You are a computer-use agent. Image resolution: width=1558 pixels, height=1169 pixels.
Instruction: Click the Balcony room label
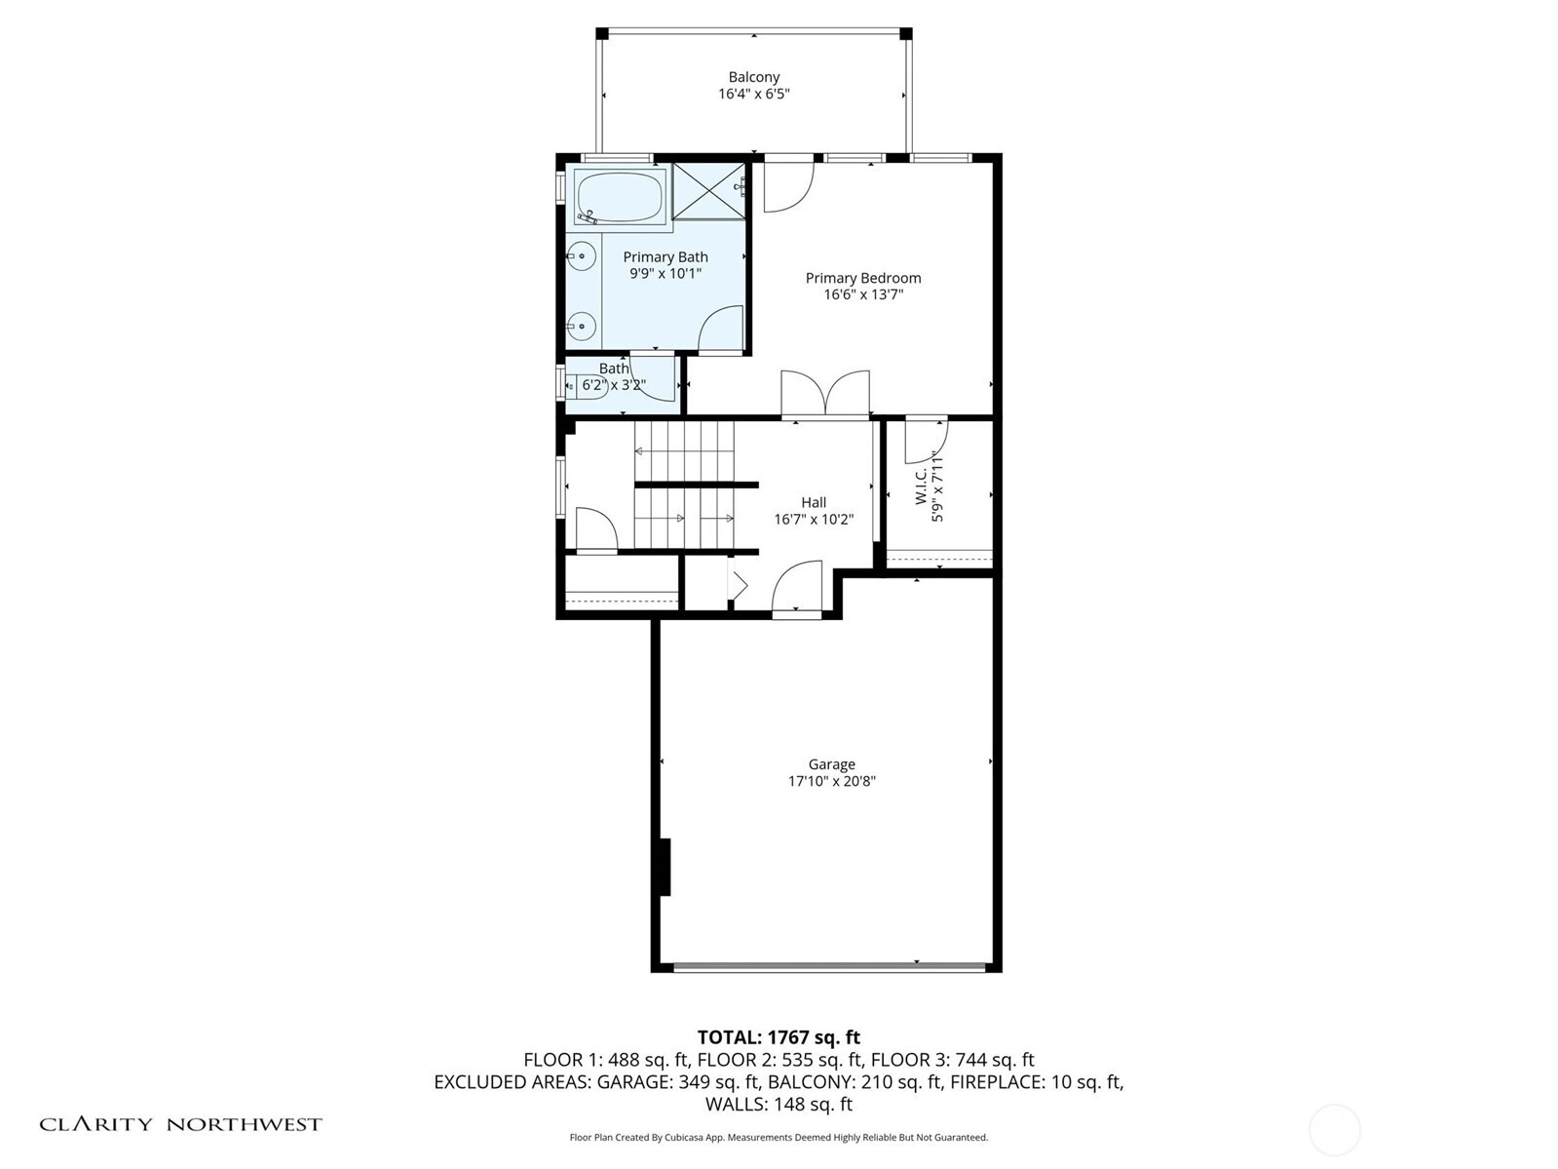(x=754, y=77)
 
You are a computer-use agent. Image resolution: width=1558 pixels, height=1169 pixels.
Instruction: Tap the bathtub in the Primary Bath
(x=620, y=197)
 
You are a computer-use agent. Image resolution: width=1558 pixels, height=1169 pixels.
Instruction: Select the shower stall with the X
(x=708, y=191)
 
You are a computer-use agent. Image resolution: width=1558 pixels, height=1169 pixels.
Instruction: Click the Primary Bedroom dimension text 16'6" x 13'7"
(x=863, y=294)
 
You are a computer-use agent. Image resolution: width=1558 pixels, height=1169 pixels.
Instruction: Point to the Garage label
(x=832, y=764)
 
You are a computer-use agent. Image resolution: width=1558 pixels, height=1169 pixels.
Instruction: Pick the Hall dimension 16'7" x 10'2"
(x=814, y=519)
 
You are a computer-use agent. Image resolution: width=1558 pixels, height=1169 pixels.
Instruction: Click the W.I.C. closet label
(x=922, y=487)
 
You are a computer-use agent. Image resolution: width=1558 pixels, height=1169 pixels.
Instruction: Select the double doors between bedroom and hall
(x=825, y=393)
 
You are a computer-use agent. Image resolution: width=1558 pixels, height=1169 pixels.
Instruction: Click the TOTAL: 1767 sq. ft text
(x=779, y=1037)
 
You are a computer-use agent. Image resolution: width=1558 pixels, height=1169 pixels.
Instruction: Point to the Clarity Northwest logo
(x=180, y=1124)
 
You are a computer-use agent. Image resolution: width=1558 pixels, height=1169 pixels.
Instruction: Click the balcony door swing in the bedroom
(x=788, y=187)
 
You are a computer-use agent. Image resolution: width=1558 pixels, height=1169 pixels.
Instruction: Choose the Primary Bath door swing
(x=720, y=329)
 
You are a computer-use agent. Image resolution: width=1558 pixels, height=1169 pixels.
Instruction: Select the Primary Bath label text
(x=665, y=257)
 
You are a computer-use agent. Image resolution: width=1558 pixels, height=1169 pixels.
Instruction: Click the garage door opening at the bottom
(x=829, y=966)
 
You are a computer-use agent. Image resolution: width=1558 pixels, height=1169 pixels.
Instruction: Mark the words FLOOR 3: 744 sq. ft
(x=953, y=1061)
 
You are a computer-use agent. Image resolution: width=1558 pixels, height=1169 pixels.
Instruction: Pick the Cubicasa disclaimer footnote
(x=779, y=1138)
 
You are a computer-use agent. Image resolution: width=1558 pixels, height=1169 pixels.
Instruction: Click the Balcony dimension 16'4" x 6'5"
(x=754, y=94)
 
